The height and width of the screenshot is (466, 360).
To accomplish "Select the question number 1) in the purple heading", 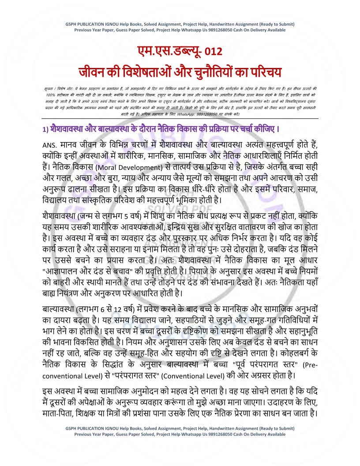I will tap(39, 129).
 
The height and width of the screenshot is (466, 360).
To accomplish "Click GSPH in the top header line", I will tap(73, 24).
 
